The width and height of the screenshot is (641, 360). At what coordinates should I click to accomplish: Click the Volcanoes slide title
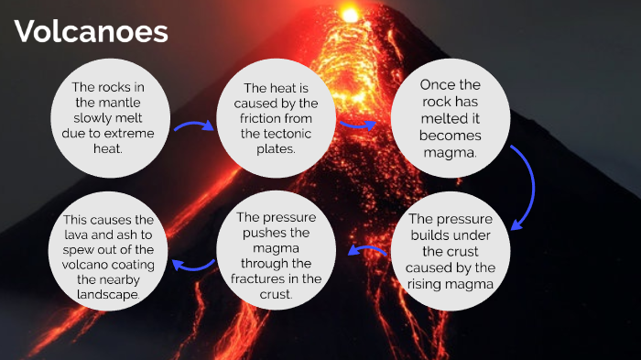[92, 33]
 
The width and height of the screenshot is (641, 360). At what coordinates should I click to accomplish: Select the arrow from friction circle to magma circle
[357, 123]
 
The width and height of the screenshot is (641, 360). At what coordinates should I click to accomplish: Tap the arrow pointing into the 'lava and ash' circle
[190, 265]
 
